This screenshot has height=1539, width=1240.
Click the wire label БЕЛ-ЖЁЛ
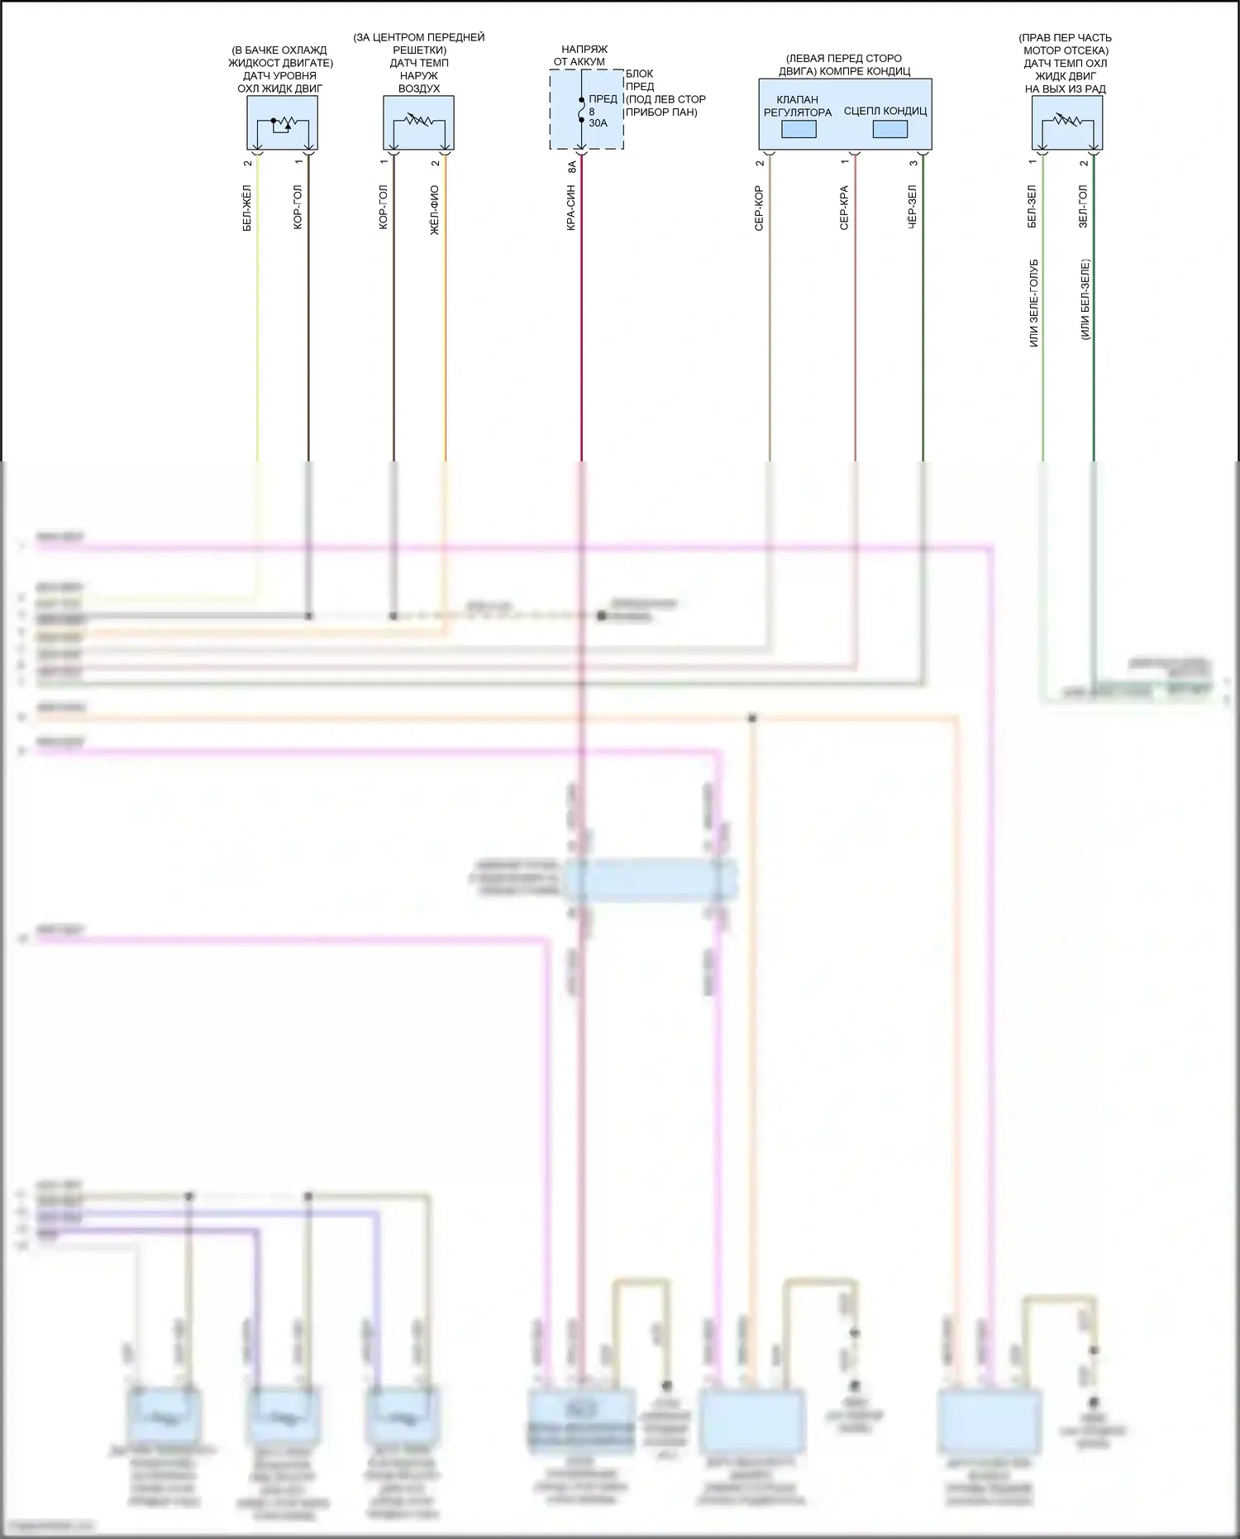point(246,208)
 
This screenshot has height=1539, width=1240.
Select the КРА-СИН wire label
point(571,208)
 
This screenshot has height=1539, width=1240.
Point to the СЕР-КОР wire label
point(759,208)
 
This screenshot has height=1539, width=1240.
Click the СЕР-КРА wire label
point(844,208)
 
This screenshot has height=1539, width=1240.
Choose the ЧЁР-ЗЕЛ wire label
point(912,207)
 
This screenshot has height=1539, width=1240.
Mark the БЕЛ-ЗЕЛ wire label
point(1032,207)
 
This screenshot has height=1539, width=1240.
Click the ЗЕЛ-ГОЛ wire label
point(1083,207)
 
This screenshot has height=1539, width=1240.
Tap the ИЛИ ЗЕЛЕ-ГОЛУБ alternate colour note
point(1033,303)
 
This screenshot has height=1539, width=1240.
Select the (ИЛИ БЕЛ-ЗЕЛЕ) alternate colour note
point(1085,299)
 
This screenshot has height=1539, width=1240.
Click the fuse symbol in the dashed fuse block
point(581,110)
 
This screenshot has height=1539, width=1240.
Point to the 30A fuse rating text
point(598,123)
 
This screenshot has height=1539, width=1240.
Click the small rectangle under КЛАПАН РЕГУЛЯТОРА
point(799,130)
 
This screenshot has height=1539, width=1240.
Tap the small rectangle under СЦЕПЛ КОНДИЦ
point(889,130)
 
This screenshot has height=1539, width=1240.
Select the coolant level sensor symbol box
point(282,122)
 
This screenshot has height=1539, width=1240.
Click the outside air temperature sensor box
point(418,122)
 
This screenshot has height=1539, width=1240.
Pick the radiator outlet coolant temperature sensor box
point(1066,122)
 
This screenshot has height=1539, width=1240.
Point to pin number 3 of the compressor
point(913,163)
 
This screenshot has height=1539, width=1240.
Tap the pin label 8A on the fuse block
point(572,166)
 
